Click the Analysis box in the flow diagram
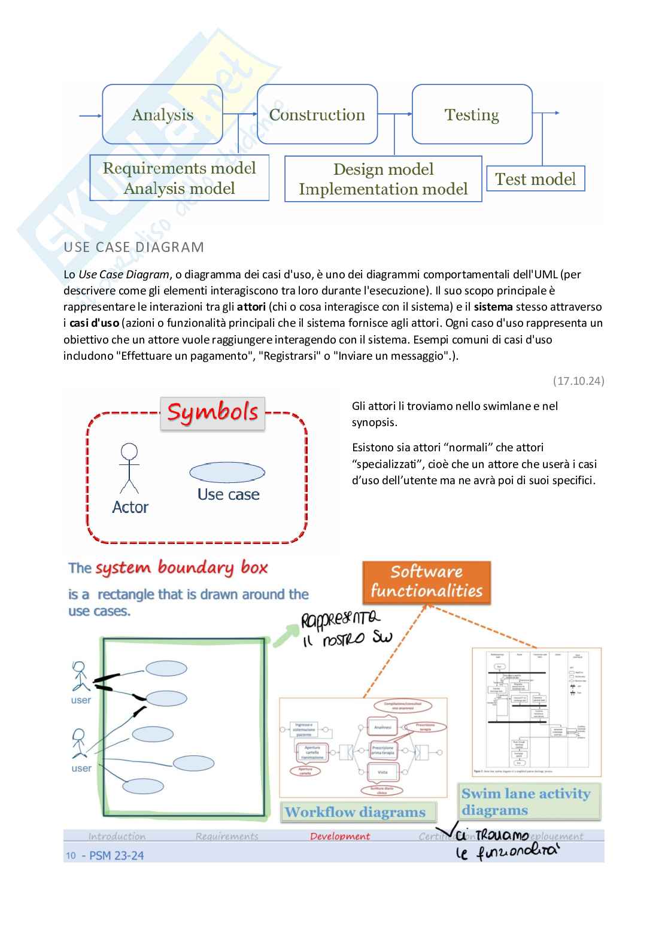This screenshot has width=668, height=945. click(x=162, y=114)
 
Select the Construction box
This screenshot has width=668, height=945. click(x=317, y=114)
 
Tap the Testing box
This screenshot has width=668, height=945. click(x=472, y=114)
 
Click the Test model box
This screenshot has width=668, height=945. click(x=535, y=179)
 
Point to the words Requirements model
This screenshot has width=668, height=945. click(x=179, y=168)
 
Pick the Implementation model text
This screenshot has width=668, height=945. click(x=383, y=189)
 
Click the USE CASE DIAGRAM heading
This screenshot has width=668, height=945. click(x=133, y=247)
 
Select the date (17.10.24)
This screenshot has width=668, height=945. click(x=578, y=381)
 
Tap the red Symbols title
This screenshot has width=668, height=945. click(x=212, y=412)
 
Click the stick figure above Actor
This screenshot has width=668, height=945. click(x=129, y=468)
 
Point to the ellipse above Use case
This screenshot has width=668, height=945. click(x=227, y=472)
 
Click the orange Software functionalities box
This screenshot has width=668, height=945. click(x=426, y=582)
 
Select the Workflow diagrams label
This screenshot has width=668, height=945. click(x=355, y=812)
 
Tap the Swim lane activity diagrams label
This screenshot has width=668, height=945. click(x=526, y=801)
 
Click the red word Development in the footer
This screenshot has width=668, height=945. click(x=340, y=836)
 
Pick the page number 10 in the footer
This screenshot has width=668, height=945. click(x=71, y=856)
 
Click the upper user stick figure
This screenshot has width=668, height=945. click(x=80, y=676)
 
